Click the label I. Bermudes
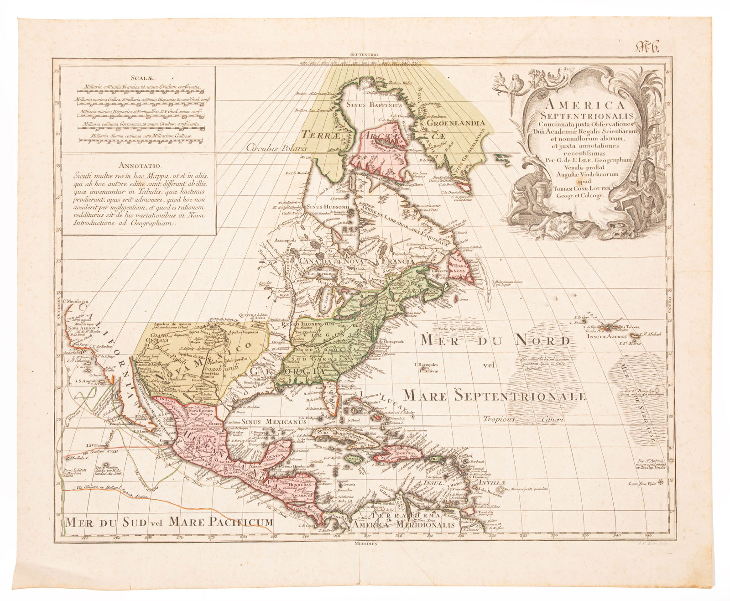point(427,365)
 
